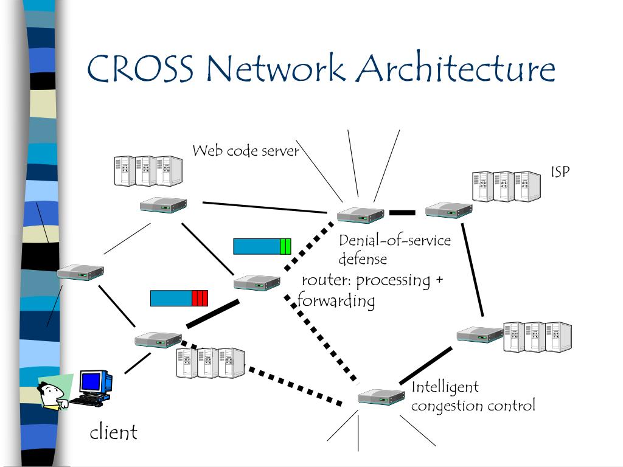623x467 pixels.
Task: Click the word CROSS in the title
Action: point(141,68)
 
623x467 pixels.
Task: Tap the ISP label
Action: point(560,171)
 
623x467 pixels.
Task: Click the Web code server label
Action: point(246,151)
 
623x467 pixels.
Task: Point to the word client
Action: point(113,432)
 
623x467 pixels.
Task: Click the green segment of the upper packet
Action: point(285,246)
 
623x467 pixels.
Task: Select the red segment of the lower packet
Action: point(200,298)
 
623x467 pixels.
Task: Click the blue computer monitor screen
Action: point(92,381)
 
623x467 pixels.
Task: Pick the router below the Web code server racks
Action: point(163,205)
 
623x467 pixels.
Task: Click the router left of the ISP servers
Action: point(448,210)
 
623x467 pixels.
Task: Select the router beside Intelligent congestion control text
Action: point(381,396)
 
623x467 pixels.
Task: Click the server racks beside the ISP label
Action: point(507,186)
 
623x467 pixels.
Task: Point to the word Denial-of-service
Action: point(394,240)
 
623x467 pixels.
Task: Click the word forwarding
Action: point(336,300)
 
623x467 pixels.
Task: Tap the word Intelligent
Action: point(445,387)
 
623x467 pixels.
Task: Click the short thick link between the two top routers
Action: point(403,213)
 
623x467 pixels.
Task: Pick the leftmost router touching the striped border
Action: point(80,272)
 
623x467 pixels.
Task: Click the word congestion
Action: point(447,406)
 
